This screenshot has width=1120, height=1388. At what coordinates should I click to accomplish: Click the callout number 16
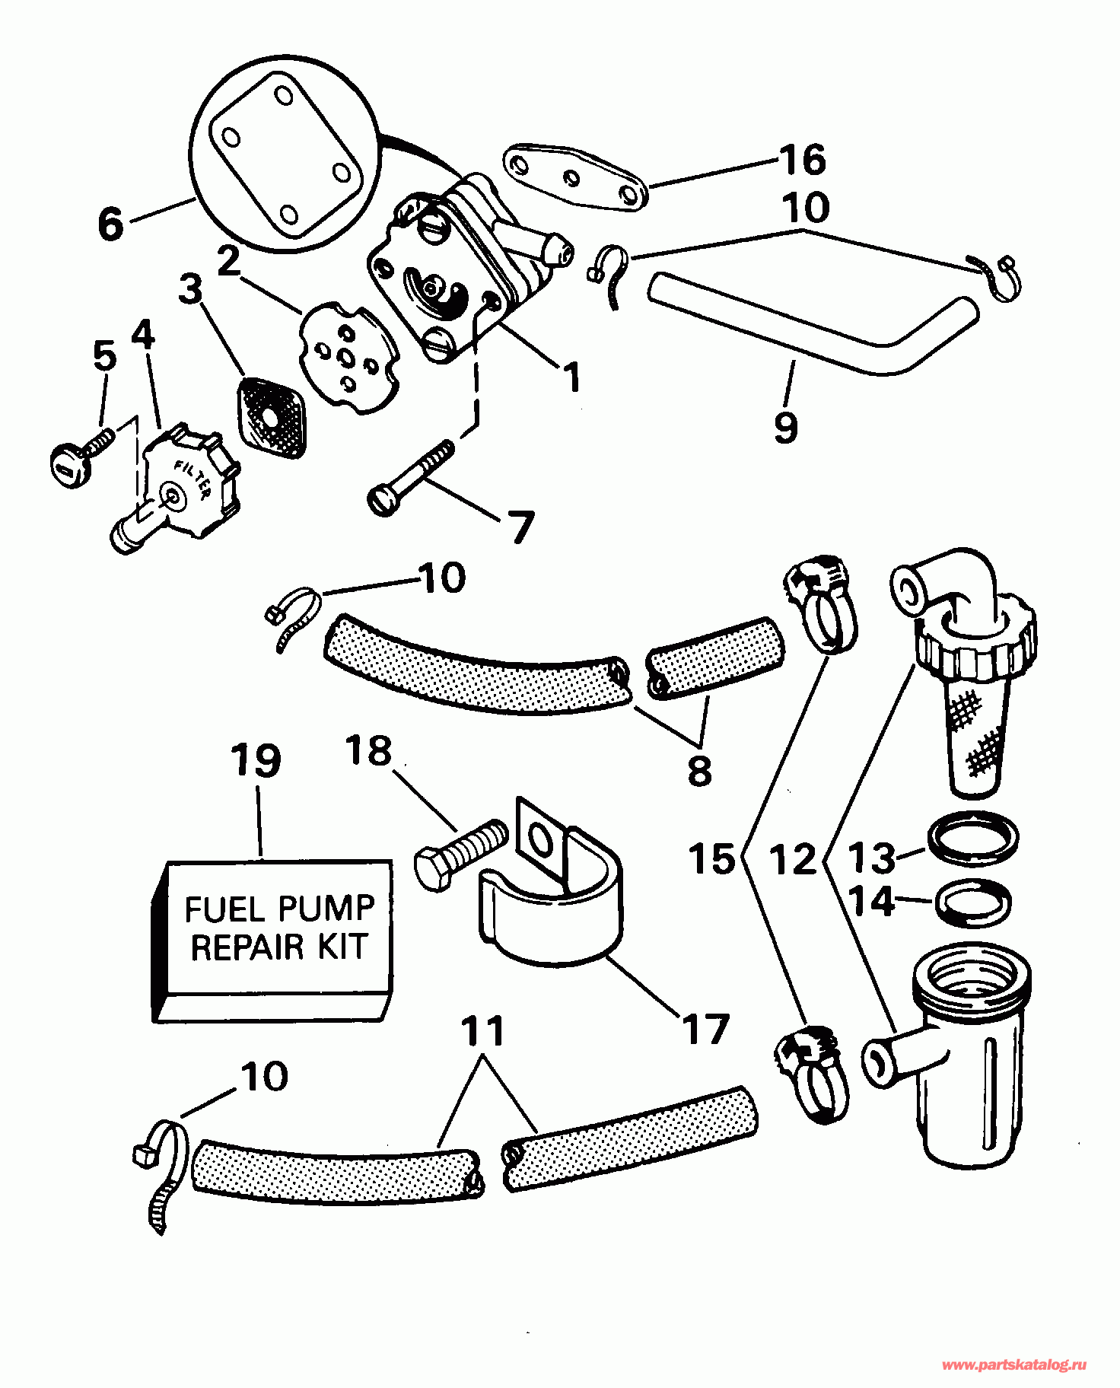(802, 160)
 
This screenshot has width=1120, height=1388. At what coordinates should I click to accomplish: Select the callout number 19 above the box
(256, 761)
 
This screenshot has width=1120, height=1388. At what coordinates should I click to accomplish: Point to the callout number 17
(705, 1030)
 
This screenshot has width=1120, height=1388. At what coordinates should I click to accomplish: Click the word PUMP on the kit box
(326, 909)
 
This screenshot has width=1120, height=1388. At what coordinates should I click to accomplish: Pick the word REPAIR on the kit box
(236, 947)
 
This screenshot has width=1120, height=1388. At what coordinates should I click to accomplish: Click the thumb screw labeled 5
(81, 457)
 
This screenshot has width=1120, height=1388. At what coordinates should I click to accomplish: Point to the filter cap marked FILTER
(183, 487)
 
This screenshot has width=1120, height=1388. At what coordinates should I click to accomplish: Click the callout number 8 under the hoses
(699, 770)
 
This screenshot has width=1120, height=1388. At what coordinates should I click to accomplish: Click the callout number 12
(792, 860)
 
